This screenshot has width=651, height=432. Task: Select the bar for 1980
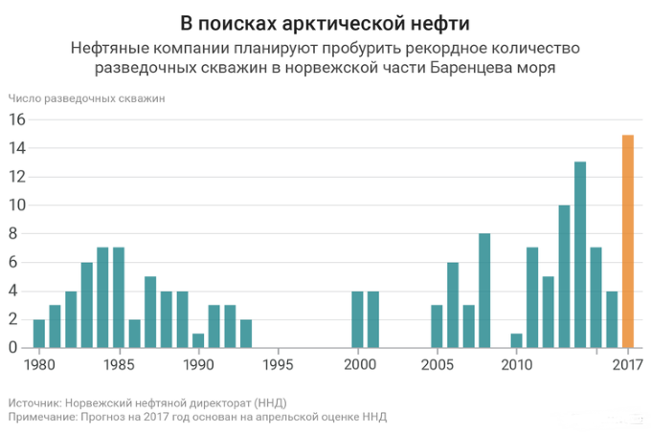click(x=39, y=334)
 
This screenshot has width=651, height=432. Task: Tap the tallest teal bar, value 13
click(x=580, y=255)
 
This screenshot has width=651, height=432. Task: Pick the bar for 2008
click(x=484, y=291)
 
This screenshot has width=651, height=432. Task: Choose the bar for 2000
click(x=357, y=319)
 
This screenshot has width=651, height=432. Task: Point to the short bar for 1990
click(x=198, y=340)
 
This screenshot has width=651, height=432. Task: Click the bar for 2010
click(x=517, y=341)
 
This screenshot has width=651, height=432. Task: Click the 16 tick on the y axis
click(x=16, y=119)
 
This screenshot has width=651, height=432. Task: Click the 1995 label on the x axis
click(x=278, y=364)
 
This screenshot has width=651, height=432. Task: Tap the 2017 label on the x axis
click(x=628, y=364)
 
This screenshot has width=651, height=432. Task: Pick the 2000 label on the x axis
click(x=357, y=364)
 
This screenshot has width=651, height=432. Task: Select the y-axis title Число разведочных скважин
click(x=87, y=97)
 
